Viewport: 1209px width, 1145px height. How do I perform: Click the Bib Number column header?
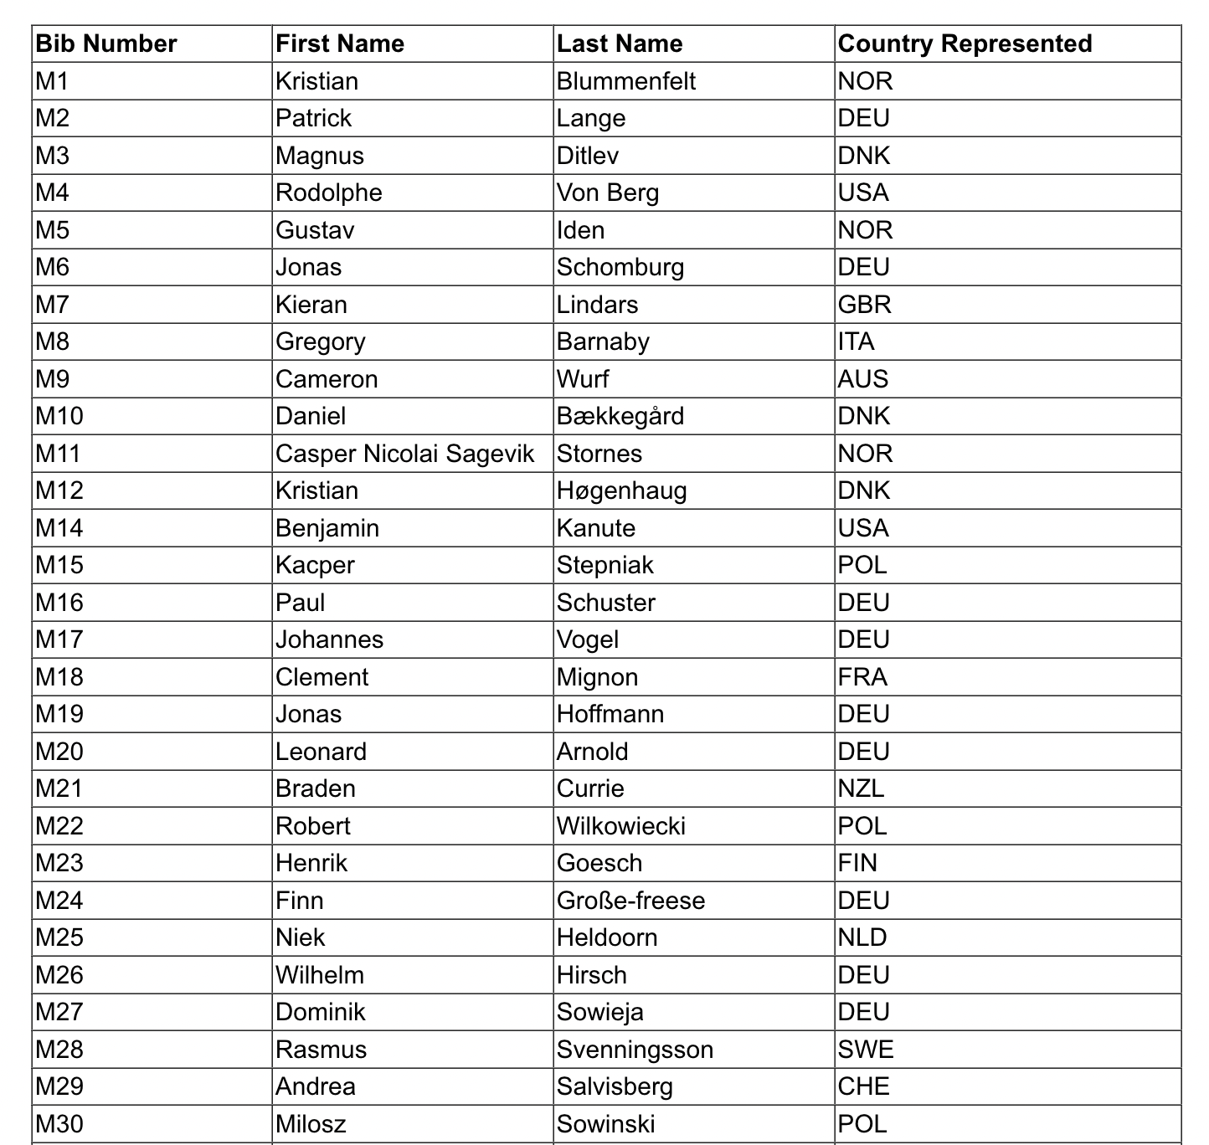pyautogui.click(x=106, y=44)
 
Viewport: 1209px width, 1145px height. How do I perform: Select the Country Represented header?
pyautogui.click(x=965, y=44)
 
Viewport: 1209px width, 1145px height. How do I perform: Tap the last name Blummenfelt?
pyautogui.click(x=626, y=81)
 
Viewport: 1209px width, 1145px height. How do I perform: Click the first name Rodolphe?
pyautogui.click(x=329, y=193)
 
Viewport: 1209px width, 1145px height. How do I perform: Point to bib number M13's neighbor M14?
pyautogui.click(x=59, y=528)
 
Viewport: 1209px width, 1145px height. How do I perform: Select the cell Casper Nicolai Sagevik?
pyautogui.click(x=405, y=454)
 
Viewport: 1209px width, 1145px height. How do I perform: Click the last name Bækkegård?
pyautogui.click(x=620, y=416)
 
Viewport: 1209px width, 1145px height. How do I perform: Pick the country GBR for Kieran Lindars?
pyautogui.click(x=865, y=305)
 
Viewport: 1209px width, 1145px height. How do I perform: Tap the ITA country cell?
pyautogui.click(x=857, y=341)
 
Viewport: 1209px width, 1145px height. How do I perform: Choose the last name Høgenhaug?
pyautogui.click(x=622, y=490)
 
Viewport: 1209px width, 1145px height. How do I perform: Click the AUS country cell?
pyautogui.click(x=863, y=379)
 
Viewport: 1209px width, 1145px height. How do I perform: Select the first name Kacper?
pyautogui.click(x=316, y=565)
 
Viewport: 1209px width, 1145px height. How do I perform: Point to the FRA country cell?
pyautogui.click(x=862, y=677)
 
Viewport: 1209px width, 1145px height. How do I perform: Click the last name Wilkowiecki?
pyautogui.click(x=621, y=826)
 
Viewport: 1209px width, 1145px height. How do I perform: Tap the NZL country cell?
pyautogui.click(x=862, y=788)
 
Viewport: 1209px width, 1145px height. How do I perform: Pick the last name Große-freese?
pyautogui.click(x=631, y=901)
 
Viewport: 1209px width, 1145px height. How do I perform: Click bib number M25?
pyautogui.click(x=59, y=937)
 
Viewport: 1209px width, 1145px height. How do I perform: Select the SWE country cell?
pyautogui.click(x=866, y=1050)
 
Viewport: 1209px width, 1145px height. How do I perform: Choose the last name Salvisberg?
pyautogui.click(x=615, y=1086)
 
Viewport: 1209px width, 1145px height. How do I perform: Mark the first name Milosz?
pyautogui.click(x=311, y=1124)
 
